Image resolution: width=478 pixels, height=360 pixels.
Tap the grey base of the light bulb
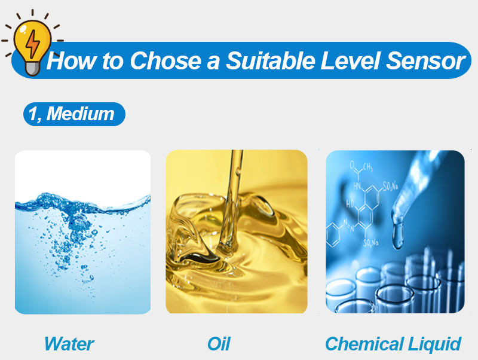32,69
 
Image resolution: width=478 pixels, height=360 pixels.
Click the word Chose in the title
166,60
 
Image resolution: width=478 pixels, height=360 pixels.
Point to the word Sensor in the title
425,60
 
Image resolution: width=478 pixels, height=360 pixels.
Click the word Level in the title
350,60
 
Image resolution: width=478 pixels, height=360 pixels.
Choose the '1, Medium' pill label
74,114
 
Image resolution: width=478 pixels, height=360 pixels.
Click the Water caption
69,344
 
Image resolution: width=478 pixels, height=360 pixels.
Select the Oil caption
219,344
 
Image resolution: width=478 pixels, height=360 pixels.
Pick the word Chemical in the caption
364,344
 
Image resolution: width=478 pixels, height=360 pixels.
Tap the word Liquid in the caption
435,344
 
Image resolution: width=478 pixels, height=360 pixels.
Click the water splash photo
82,232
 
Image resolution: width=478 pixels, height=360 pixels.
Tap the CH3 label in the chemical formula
367,167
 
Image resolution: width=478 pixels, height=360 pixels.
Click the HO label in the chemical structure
350,203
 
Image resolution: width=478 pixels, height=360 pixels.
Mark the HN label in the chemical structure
357,185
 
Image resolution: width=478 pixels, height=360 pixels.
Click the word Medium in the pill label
81,114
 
